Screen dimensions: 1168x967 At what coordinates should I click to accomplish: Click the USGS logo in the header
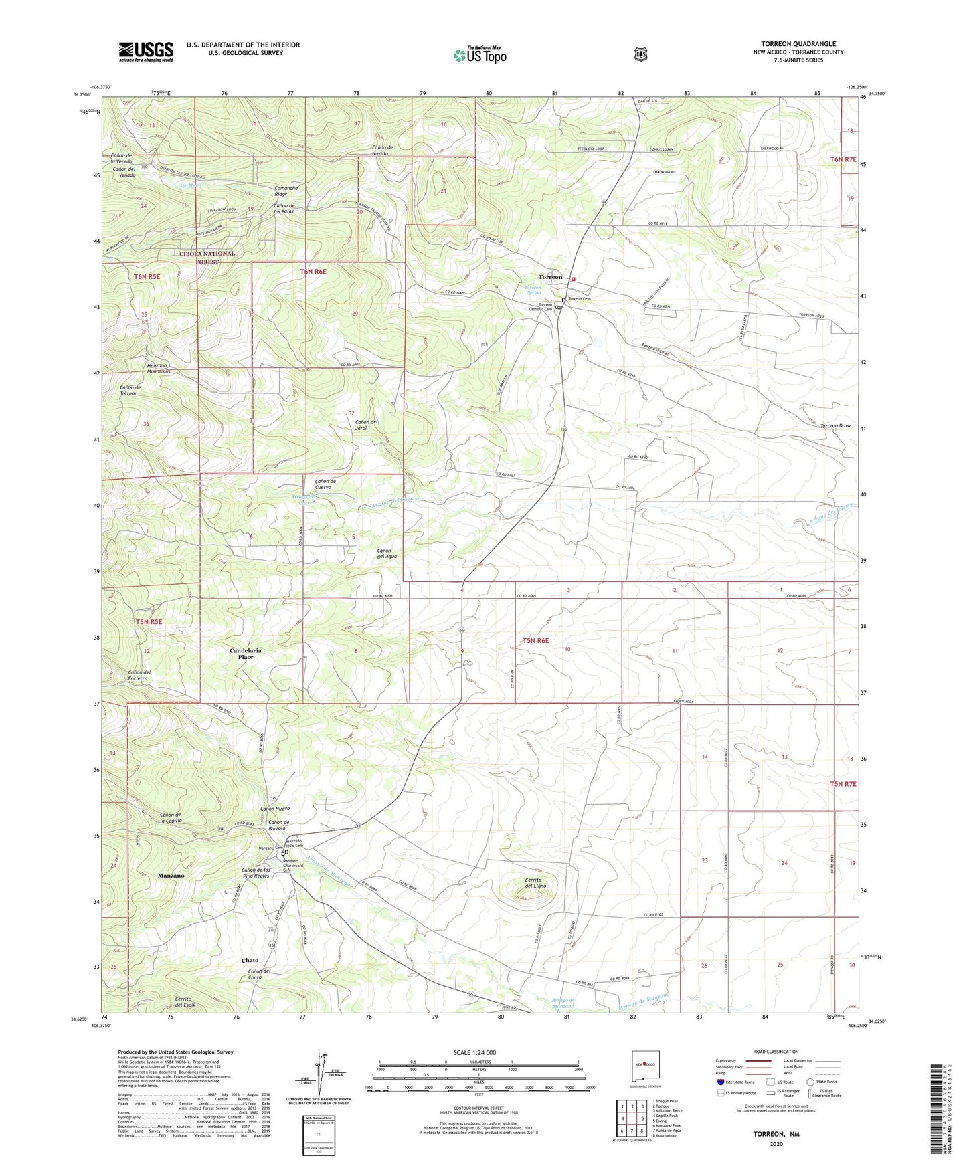[x=146, y=52]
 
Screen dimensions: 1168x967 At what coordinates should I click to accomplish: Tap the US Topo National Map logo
[x=479, y=55]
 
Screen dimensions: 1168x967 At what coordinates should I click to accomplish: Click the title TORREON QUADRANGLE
[x=798, y=44]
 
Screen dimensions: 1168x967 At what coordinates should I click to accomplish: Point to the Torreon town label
[x=551, y=277]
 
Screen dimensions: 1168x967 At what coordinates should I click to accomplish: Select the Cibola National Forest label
[x=207, y=258]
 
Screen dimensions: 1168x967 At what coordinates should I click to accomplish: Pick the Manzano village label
[x=171, y=876]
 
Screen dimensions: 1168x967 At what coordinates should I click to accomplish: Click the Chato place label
[x=250, y=961]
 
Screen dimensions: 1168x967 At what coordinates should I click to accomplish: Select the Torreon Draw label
[x=835, y=426]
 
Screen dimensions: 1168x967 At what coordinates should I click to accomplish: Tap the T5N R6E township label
[x=535, y=641]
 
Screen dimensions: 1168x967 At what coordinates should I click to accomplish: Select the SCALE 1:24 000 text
[x=474, y=1052]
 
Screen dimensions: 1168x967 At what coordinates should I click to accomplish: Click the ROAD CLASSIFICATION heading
[x=776, y=1052]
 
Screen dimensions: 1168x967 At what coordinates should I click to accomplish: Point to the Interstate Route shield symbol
[x=721, y=1082]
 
